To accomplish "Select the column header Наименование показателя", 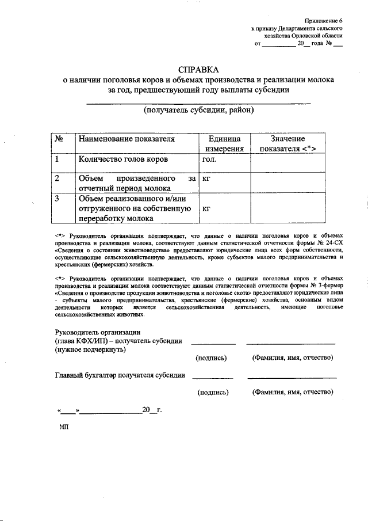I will [126, 139].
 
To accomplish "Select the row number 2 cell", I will [57, 178].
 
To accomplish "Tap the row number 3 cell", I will [57, 199].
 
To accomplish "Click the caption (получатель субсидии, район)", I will [198, 110].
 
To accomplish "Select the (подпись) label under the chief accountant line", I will [213, 392].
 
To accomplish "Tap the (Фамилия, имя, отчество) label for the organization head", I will [293, 358].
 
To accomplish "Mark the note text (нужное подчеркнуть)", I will [90, 349].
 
